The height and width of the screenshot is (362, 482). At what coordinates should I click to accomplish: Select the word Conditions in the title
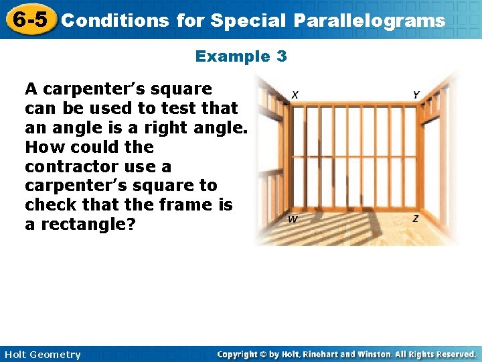[x=114, y=21]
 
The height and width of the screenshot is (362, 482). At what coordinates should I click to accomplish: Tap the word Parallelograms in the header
[x=369, y=21]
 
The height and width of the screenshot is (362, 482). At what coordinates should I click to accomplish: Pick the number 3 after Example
[x=281, y=56]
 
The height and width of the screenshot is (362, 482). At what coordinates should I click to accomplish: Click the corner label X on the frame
[x=295, y=95]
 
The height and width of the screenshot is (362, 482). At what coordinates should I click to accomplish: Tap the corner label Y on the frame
[x=416, y=95]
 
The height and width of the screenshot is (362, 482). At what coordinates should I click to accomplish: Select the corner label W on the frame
[x=293, y=219]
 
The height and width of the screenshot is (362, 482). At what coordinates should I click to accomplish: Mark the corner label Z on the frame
[x=416, y=219]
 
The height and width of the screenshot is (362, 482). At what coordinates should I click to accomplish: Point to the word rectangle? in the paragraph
[x=88, y=225]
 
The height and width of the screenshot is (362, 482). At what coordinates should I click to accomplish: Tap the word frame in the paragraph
[x=189, y=205]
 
